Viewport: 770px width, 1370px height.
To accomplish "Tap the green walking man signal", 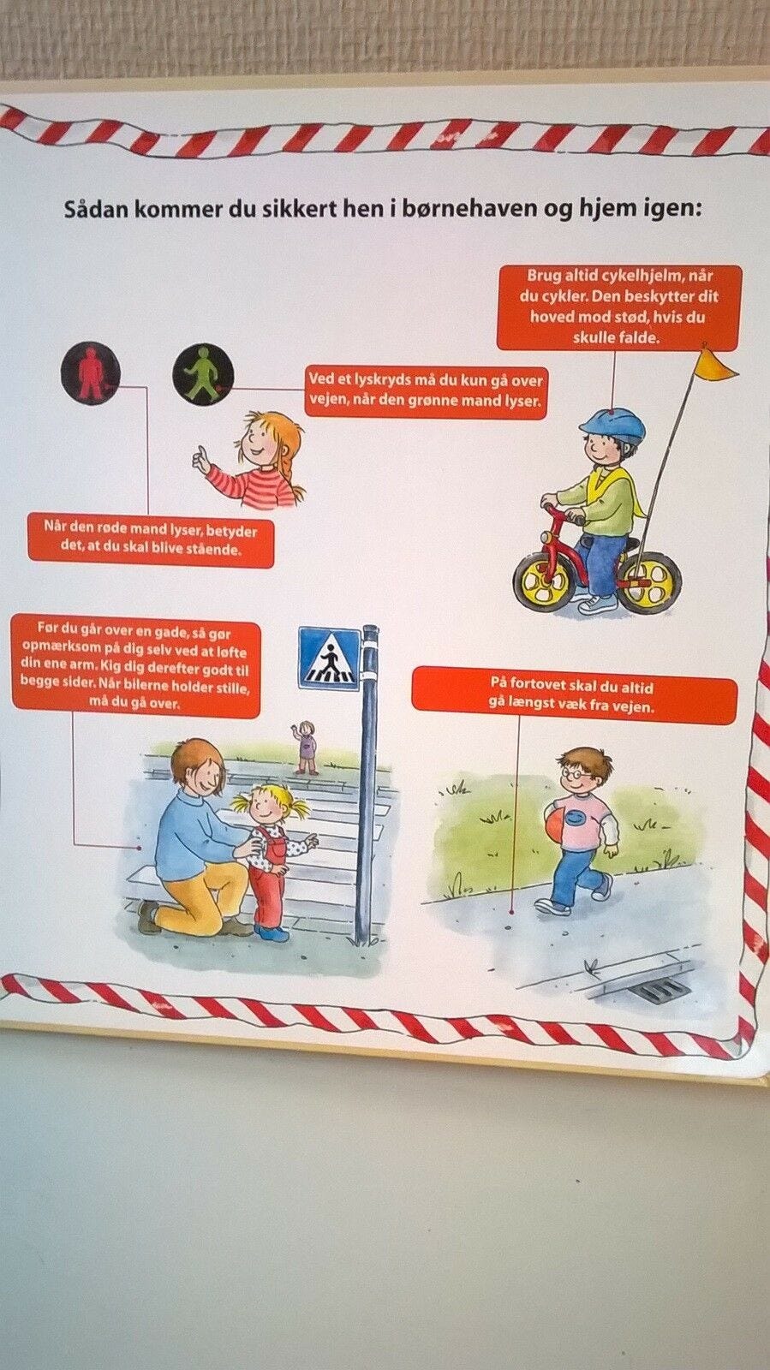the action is point(204,372).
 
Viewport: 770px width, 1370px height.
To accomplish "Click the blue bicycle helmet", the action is point(612,426).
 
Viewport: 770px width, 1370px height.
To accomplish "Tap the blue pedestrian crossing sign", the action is point(329,658).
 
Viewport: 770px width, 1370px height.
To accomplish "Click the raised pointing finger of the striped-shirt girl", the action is point(199,452).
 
